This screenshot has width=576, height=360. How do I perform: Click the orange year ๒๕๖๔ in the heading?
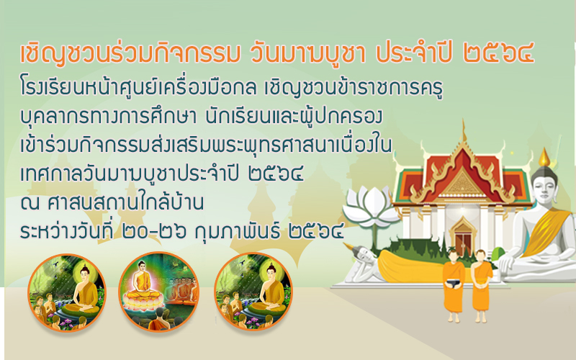pyautogui.click(x=498, y=53)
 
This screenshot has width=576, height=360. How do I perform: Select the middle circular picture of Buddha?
pyautogui.click(x=158, y=292)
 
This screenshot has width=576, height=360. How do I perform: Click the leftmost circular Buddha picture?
pyautogui.click(x=66, y=292)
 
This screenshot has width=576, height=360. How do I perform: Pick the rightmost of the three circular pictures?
pyautogui.click(x=253, y=292)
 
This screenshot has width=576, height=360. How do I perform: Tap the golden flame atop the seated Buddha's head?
pyautogui.click(x=544, y=158)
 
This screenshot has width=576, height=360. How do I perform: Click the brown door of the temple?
pyautogui.click(x=463, y=243)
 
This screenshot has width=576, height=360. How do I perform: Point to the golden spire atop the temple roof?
pyautogui.click(x=464, y=131)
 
